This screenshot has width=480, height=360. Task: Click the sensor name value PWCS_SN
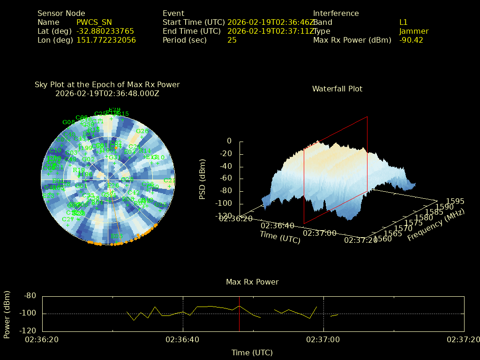click(94, 22)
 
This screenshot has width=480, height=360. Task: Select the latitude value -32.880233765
click(105, 31)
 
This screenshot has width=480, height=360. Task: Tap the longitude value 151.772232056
click(106, 40)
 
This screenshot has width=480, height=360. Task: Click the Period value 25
click(232, 40)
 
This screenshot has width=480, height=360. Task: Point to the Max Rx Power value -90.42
click(411, 40)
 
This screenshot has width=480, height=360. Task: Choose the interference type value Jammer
click(414, 31)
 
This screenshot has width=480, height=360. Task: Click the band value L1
click(404, 22)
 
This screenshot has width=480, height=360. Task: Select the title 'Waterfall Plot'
click(337, 89)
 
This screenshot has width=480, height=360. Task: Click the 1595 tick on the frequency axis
click(455, 201)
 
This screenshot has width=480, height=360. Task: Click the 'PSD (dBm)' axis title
click(202, 179)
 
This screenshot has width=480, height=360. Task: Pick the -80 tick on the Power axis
click(30, 296)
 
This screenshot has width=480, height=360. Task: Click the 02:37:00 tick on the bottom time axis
click(323, 339)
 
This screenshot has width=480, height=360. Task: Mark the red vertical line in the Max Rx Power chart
click(240, 314)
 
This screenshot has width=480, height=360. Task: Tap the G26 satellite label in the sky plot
click(142, 131)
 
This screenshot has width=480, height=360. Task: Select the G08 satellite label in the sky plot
click(68, 122)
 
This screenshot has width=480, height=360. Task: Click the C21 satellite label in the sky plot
click(169, 181)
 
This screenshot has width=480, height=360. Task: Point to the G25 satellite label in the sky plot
click(160, 205)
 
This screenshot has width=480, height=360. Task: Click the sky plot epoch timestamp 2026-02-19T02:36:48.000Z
click(107, 93)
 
